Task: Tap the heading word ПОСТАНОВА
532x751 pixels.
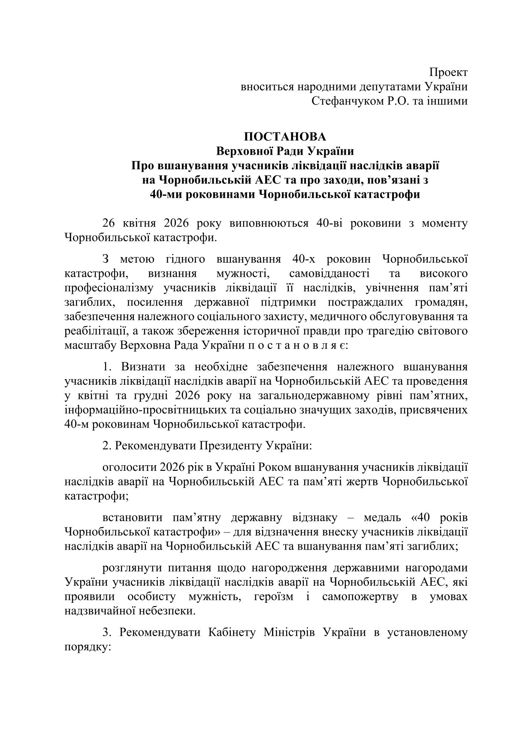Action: [285, 137]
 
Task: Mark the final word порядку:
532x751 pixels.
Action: [88, 647]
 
